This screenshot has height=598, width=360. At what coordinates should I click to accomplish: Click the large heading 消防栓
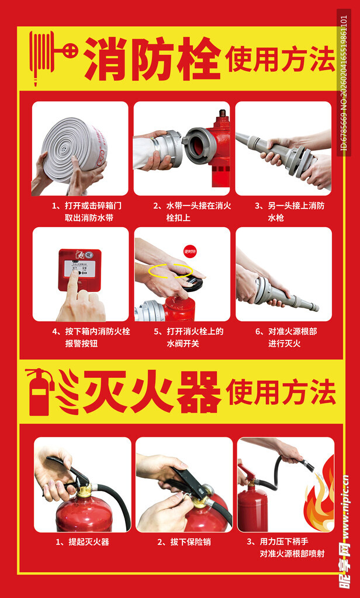pyautogui.click(x=153, y=58)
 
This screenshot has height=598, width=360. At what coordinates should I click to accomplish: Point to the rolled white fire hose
pyautogui.click(x=74, y=149)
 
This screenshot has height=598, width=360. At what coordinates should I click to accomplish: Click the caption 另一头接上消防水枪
pyautogui.click(x=283, y=212)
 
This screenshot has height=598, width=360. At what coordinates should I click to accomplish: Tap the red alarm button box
pyautogui.click(x=79, y=269)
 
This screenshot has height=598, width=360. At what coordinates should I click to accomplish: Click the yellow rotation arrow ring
pyautogui.click(x=170, y=271)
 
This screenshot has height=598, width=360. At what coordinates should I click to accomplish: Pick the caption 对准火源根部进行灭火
pyautogui.click(x=284, y=338)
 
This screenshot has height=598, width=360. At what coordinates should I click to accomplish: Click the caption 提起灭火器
pyautogui.click(x=82, y=542)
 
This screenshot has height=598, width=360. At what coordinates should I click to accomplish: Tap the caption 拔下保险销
pyautogui.click(x=184, y=542)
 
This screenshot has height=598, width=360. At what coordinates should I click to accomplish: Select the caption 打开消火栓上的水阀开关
pyautogui.click(x=182, y=338)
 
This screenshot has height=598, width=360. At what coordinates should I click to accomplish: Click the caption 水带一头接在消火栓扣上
pyautogui.click(x=184, y=212)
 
